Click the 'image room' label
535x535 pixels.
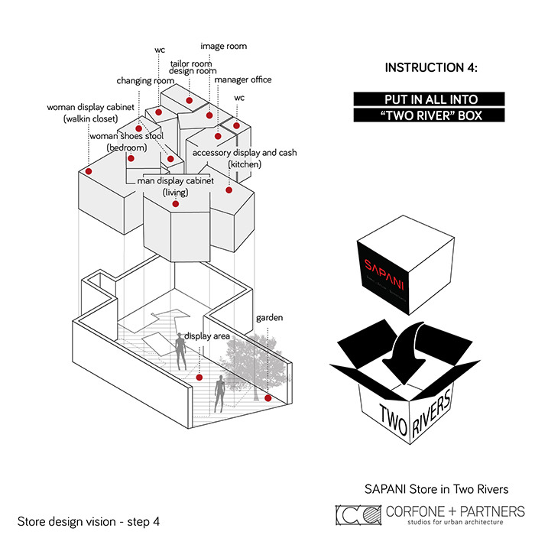point(223,46)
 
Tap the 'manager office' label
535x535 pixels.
point(242,79)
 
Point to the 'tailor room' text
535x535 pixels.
point(190,63)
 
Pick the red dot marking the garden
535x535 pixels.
point(268,398)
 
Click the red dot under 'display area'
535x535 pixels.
point(199,378)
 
